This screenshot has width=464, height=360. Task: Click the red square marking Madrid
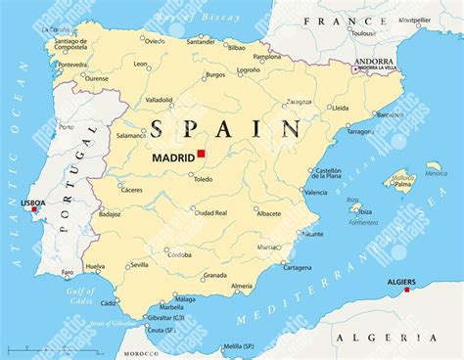[x=200, y=154]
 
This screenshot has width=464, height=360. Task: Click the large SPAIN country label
[x=224, y=127]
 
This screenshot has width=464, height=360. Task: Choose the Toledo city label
[x=203, y=180]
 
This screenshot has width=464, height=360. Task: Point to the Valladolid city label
[x=161, y=99]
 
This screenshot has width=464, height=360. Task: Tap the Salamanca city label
[x=131, y=136]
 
